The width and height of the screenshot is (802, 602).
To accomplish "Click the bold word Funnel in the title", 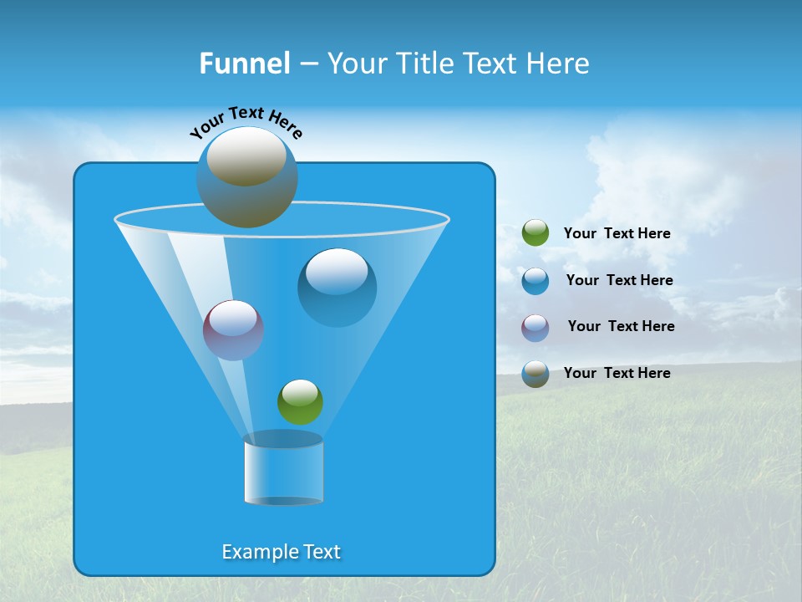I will click(x=244, y=64).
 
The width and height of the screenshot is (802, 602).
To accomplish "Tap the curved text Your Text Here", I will click(x=246, y=122).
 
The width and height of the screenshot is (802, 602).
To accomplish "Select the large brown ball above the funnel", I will click(x=246, y=177).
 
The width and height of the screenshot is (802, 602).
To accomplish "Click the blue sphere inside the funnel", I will click(x=337, y=287).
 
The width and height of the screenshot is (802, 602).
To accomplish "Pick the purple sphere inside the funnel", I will click(x=233, y=330).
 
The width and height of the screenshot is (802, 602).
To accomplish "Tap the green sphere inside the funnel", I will click(x=300, y=402).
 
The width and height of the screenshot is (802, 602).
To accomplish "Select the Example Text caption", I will click(x=281, y=552).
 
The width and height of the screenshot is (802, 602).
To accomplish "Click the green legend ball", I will click(x=536, y=233).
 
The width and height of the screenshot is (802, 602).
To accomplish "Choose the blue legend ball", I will click(x=536, y=281).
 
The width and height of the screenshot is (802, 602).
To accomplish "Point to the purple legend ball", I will click(x=536, y=327).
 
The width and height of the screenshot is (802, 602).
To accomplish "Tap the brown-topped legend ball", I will click(x=536, y=374).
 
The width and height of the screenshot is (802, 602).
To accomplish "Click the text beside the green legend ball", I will click(x=617, y=234).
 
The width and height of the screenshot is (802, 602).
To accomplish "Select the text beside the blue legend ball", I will click(x=619, y=281).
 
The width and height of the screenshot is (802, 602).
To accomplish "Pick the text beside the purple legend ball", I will click(x=621, y=327).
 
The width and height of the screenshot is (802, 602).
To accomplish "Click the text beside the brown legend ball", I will click(x=617, y=374).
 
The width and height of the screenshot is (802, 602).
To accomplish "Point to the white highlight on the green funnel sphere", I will click(x=300, y=391).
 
